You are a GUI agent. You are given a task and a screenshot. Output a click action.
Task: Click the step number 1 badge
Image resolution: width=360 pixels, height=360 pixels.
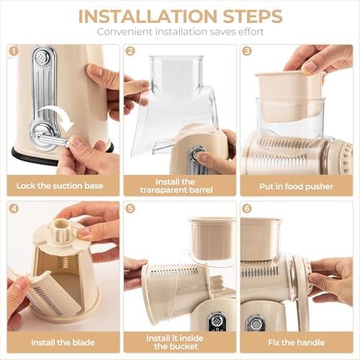pos(14,51)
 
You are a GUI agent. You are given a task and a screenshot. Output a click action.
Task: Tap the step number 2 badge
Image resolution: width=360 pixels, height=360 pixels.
pos(130,51)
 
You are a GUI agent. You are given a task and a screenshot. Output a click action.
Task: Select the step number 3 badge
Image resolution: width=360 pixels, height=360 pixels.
pos(247,51)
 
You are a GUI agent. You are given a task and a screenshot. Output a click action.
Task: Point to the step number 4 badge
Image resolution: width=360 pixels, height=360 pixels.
pos(14,209)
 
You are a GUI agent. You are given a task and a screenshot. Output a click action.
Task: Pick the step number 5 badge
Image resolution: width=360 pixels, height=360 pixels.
pos(130,209)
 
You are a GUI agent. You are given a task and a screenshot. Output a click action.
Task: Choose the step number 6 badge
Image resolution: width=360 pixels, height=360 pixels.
pos(247,209)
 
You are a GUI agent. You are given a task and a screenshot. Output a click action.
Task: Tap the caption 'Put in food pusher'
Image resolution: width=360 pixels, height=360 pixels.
pos(297,185)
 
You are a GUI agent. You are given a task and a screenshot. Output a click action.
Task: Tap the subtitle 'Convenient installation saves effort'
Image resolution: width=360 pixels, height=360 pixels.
pos(180,32)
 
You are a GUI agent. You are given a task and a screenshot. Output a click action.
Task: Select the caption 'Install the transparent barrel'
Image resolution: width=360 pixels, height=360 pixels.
pos(179,186)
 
